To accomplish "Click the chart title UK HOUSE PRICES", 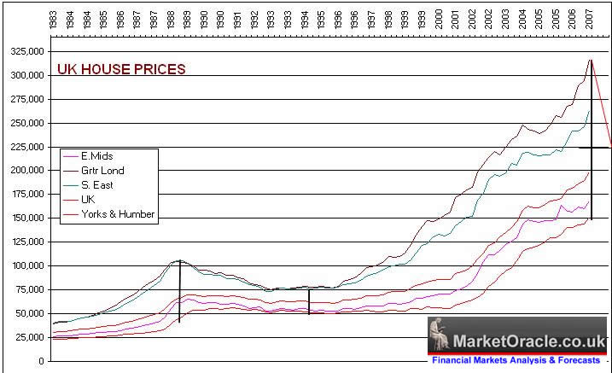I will pyautogui.click(x=120, y=70).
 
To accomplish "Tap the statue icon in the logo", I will pyautogui.click(x=440, y=335).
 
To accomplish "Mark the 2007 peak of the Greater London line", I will pyautogui.click(x=591, y=60).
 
